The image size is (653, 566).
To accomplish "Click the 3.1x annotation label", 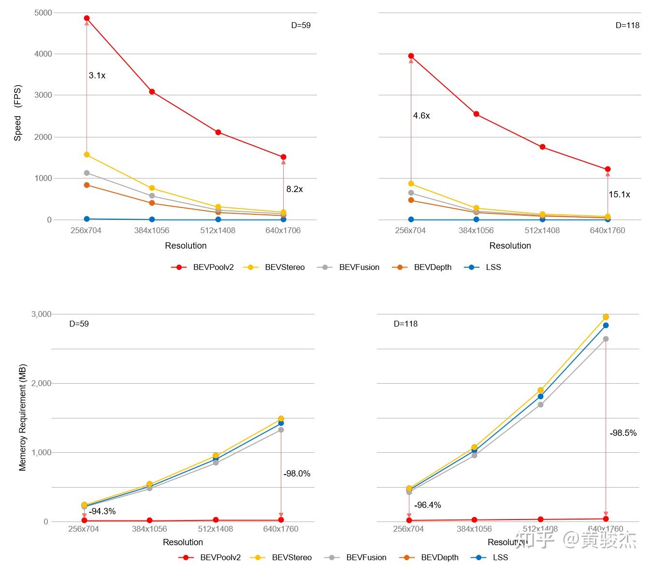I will pos(97,75).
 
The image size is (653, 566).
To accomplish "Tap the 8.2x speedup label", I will pos(294,189).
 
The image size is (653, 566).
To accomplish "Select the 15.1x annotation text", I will pos(619,194).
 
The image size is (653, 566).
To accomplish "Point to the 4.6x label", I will pos(421,116).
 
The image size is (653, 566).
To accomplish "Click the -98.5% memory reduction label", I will pos(623,433).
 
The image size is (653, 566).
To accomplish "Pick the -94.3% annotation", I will pos(102,511).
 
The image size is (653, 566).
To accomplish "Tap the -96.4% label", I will pos(428,505).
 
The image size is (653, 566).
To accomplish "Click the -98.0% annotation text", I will pos(297,474).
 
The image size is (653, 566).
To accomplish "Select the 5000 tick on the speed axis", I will pos(43,13).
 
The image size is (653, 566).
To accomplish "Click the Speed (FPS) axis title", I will pos(18,113).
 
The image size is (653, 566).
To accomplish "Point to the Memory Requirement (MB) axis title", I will pos(23,417).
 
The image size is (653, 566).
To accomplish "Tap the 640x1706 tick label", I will pos(283,230).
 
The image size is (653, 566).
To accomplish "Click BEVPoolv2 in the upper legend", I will pos(213,267).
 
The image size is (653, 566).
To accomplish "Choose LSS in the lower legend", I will pos(500,557).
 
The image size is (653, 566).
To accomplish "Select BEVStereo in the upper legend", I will pos(285,267).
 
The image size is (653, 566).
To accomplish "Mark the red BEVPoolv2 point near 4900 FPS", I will pos(87,18).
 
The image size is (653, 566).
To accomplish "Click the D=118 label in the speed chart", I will pos(627,25).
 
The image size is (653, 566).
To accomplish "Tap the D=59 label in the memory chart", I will pos(79,324).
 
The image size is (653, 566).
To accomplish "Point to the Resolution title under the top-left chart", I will pos(186,246).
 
